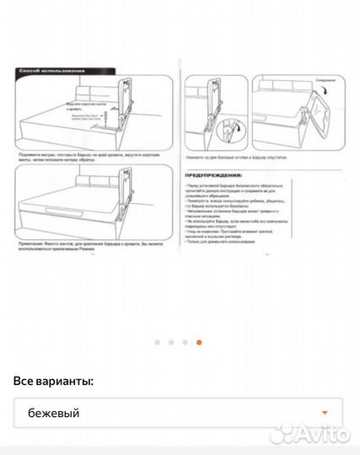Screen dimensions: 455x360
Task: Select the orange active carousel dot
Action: click(199, 342)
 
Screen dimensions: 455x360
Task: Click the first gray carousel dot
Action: click(158, 342)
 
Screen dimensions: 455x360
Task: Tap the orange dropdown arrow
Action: click(325, 413)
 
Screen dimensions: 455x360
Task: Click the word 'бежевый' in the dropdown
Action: click(54, 413)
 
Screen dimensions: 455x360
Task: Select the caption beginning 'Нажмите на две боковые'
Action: click(240, 158)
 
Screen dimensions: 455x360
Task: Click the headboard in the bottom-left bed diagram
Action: click(97, 183)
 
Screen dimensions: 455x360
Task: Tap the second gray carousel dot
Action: click(171, 342)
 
